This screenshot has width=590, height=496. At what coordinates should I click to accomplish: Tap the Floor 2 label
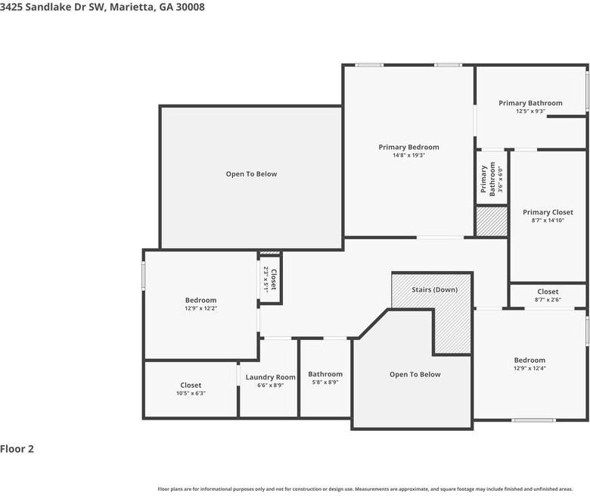pos(17,448)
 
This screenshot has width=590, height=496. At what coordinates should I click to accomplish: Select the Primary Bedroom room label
pos(408,147)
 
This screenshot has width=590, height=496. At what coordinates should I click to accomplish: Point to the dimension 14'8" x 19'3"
pos(408,155)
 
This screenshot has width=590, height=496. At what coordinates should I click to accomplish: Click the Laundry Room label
pos(270,377)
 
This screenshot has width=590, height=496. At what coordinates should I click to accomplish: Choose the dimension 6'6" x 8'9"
pos(270,385)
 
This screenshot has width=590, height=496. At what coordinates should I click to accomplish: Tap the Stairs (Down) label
pos(434,290)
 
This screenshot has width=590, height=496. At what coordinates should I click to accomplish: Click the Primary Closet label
pos(548,212)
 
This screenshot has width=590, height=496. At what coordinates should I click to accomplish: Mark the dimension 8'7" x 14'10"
pos(548,220)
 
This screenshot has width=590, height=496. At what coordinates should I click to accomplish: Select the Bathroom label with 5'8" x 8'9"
pos(325,374)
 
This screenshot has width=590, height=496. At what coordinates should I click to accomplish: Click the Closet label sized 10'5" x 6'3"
pos(191,385)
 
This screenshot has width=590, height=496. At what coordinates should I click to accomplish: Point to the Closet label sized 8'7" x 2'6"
pos(548,292)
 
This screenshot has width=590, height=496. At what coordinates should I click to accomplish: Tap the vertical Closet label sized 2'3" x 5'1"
pos(274,279)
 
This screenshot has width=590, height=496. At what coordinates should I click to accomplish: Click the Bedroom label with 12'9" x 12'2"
pos(200,300)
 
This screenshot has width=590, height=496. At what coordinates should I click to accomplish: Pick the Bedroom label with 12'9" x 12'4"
pos(529,360)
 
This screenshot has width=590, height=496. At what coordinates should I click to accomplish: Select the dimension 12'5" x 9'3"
pos(530,111)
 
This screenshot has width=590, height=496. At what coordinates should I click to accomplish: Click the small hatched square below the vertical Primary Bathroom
pos(491,222)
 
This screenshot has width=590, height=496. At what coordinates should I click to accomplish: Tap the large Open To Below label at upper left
pos(251,174)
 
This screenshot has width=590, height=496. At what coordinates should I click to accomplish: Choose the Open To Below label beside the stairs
pos(415,374)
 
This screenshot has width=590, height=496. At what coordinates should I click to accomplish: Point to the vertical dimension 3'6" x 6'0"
pos(499,180)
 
